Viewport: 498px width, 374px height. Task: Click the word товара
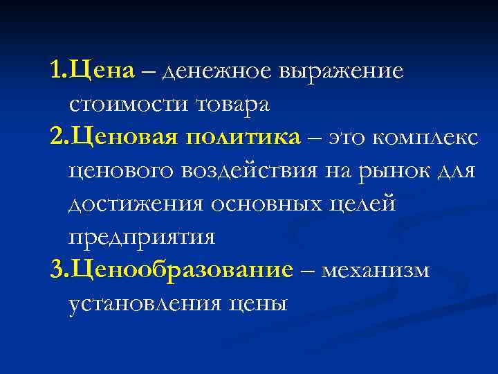click(x=233, y=105)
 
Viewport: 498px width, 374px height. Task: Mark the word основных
click(x=275, y=204)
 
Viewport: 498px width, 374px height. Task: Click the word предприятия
click(x=142, y=238)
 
